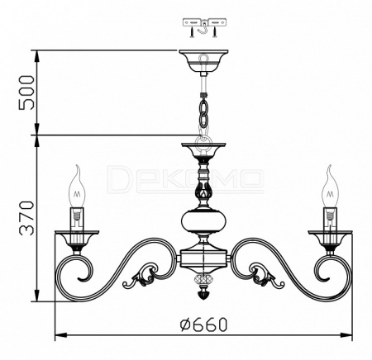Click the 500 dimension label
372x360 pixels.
pyautogui.click(x=26, y=92)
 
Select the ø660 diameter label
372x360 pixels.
pyautogui.click(x=204, y=324)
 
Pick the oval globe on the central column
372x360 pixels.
pyautogui.click(x=203, y=220)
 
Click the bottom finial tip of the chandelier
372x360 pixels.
pyautogui.click(x=203, y=295)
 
